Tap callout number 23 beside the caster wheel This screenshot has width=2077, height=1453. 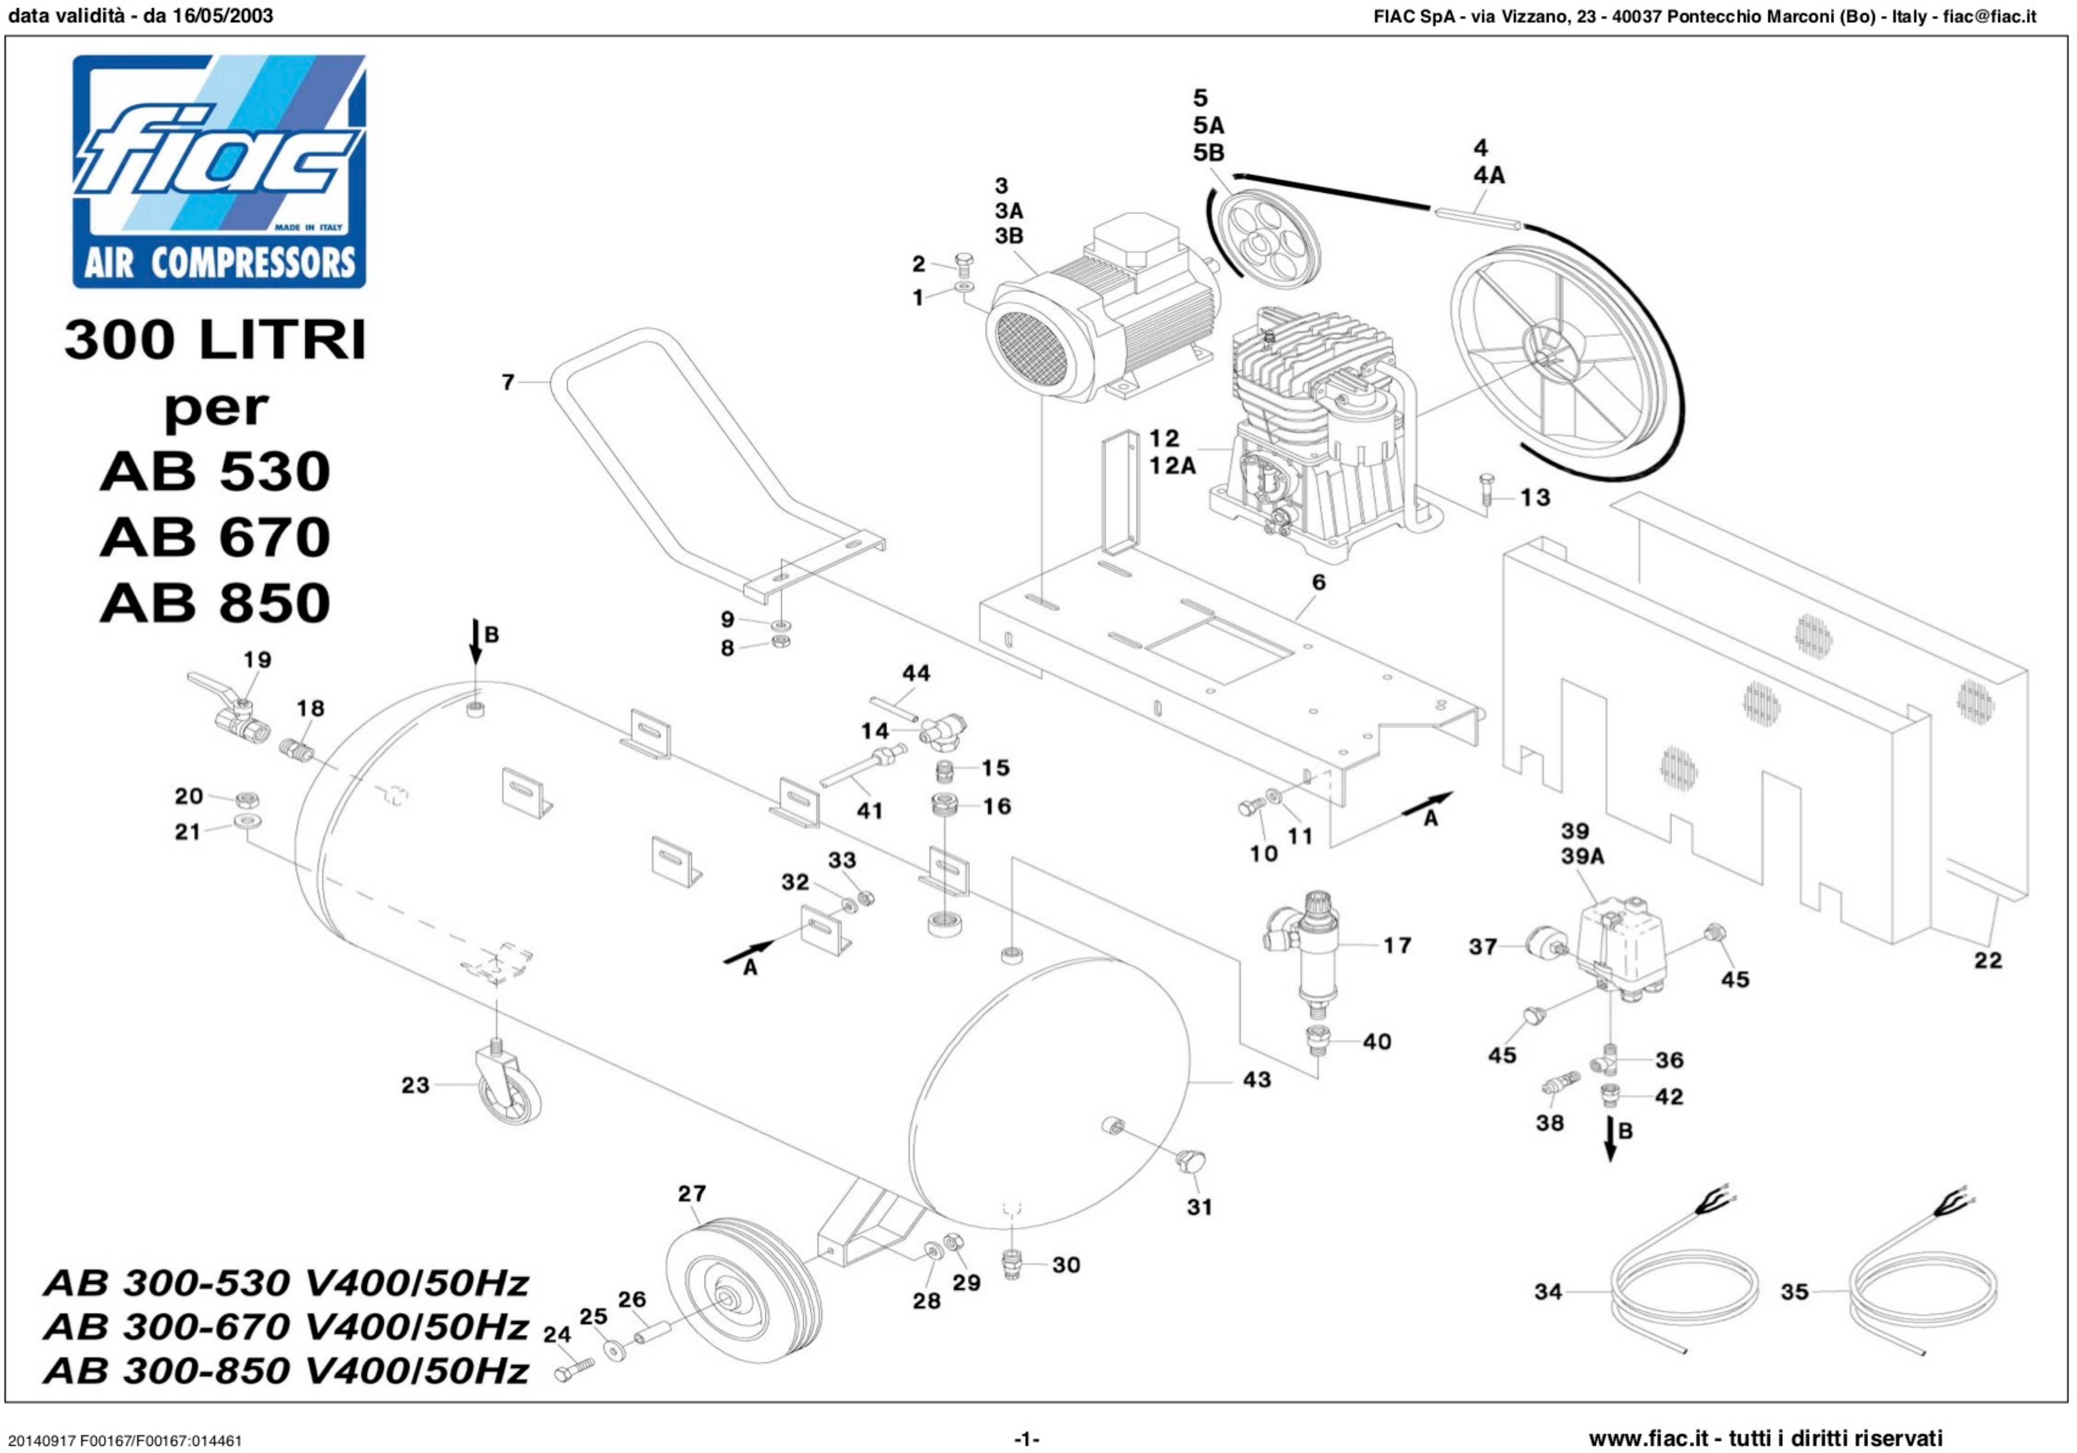[415, 1085]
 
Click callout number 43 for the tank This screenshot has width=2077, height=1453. [1256, 1079]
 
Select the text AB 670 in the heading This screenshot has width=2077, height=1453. [215, 537]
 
